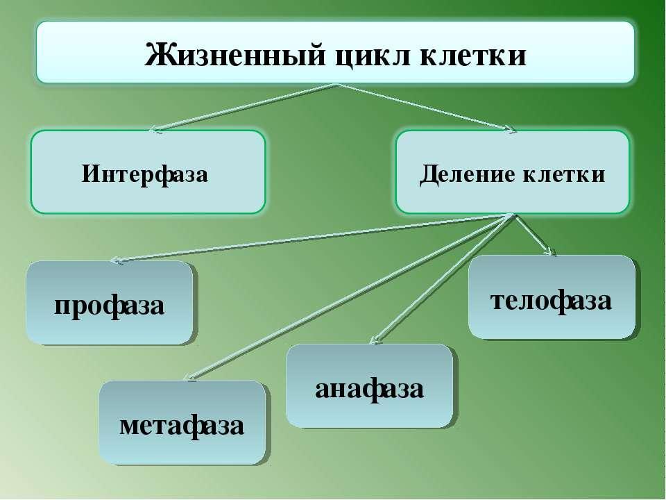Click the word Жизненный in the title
[235, 55]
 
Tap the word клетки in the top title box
[473, 56]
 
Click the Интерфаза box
[148, 172]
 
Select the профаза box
[110, 302]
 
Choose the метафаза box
[182, 422]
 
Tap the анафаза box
[369, 385]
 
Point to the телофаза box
[552, 297]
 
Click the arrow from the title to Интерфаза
[244, 108]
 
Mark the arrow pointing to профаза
[312, 238]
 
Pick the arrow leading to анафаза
[442, 278]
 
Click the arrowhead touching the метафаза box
[192, 376]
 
